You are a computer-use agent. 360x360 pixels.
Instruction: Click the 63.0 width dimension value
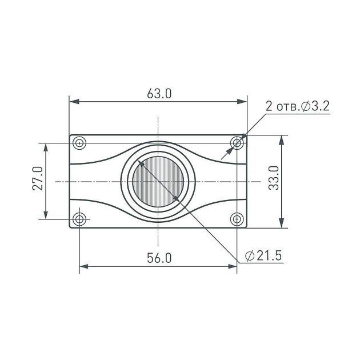coord(159,94)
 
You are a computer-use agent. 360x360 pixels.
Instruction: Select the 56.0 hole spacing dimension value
coord(159,258)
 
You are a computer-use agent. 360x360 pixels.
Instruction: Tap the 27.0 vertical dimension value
coord(38,178)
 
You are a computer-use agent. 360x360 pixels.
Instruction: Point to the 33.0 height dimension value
coord(274,178)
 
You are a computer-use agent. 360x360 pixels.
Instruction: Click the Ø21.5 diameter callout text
coord(263,256)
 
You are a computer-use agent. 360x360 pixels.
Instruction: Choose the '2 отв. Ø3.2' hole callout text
coord(298,106)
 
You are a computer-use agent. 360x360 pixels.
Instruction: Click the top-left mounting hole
coord(79,143)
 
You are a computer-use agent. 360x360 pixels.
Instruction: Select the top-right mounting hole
coord(237,143)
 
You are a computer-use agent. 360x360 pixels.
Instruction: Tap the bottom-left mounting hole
coord(79,219)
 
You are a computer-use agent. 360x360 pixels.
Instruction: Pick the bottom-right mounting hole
coord(237,219)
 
